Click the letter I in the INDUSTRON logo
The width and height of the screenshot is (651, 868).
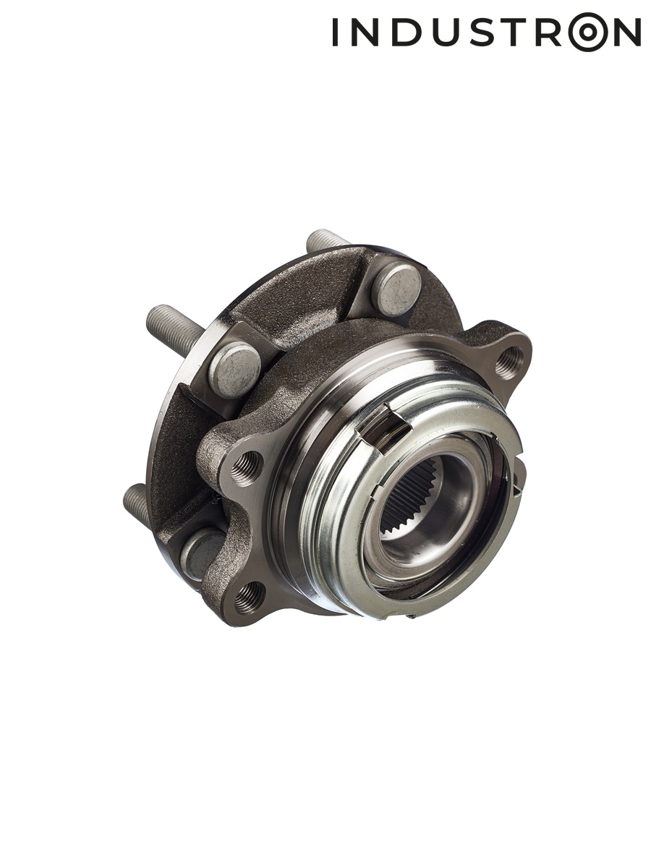(335, 32)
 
